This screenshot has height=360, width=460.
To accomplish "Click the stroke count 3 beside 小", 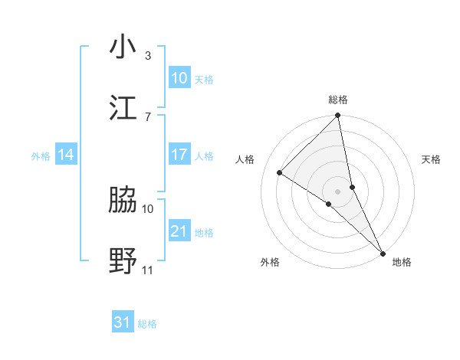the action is [148, 56].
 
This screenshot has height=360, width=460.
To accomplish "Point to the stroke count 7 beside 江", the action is [148, 116].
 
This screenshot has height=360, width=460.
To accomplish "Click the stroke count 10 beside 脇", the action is [148, 208].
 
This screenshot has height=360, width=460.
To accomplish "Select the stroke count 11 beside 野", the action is [148, 270].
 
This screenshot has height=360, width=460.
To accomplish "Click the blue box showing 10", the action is [179, 78].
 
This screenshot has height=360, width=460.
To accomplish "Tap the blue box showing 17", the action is [179, 155].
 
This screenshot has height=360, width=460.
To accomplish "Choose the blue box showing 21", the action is [179, 231].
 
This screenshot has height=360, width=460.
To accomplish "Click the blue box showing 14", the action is [66, 155].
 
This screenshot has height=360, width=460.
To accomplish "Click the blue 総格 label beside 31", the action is [147, 324].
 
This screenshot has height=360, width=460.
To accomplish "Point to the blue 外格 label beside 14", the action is [41, 156].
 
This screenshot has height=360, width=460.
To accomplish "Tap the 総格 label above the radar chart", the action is [338, 100].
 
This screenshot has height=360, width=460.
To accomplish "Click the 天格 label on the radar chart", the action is [431, 159].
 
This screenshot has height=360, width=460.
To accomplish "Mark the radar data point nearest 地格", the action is [382, 251].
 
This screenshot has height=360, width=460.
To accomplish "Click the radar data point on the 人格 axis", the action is [280, 172].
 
